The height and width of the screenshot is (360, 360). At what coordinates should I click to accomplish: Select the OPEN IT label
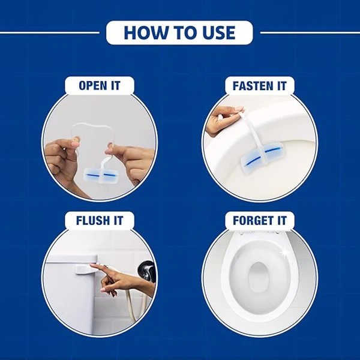pos(100,86)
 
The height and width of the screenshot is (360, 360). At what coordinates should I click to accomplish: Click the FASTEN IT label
pos(259,86)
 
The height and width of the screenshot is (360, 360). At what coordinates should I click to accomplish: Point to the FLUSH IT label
pos(100,220)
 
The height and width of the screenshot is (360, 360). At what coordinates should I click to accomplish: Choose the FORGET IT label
pos(259,220)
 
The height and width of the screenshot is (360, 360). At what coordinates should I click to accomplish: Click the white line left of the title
pos(50,32)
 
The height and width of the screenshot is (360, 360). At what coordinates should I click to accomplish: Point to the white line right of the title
pos(310,32)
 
